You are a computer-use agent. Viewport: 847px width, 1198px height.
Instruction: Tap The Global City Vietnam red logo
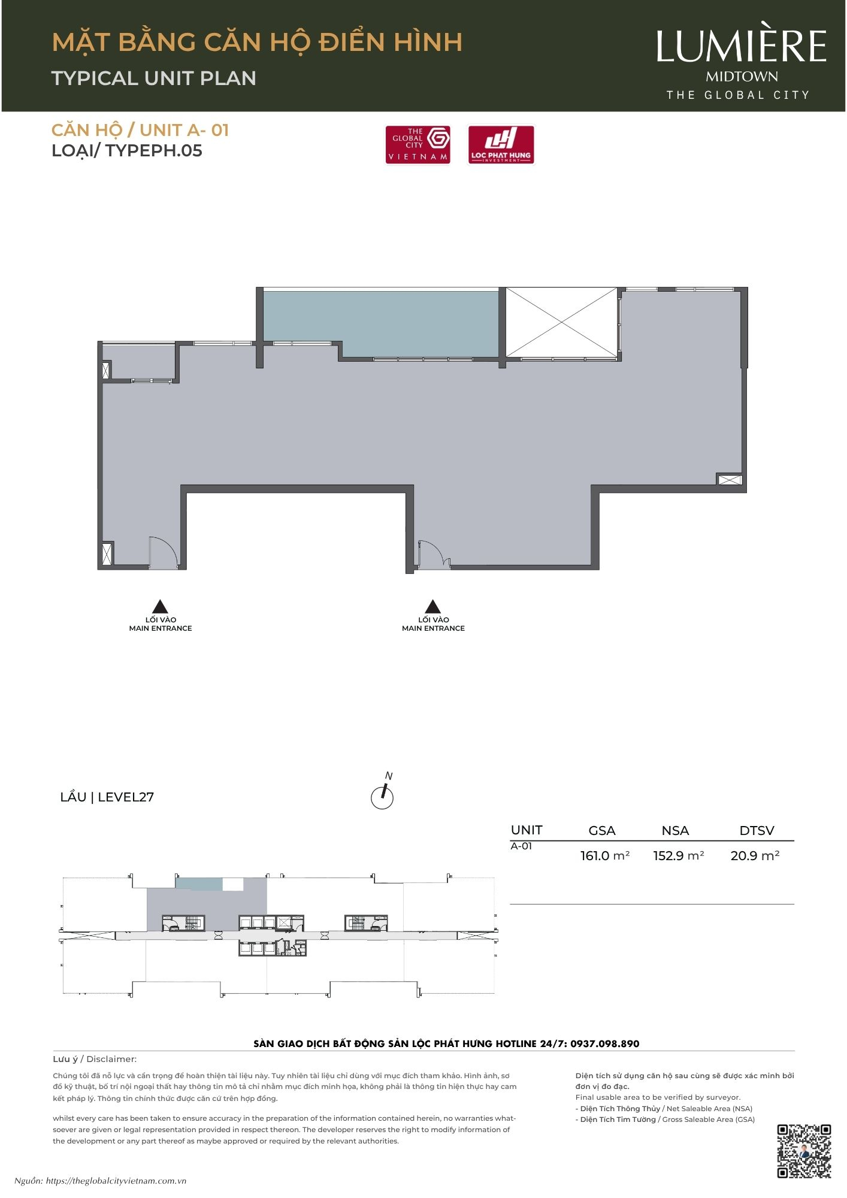point(418,144)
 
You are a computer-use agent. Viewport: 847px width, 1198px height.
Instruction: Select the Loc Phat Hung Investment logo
point(501,144)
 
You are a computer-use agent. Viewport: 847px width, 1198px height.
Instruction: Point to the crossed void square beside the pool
point(561,322)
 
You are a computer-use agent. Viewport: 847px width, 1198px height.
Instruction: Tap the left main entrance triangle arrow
point(160,606)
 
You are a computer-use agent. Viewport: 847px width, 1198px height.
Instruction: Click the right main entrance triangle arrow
point(433,606)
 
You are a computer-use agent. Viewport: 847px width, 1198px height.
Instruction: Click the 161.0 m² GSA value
point(604,855)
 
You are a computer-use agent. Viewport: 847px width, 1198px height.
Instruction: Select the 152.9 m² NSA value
point(678,855)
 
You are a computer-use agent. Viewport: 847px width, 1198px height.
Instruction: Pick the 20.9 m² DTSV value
point(755,855)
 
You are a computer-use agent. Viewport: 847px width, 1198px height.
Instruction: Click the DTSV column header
point(757,830)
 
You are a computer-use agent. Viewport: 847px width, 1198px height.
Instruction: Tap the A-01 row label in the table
point(521,846)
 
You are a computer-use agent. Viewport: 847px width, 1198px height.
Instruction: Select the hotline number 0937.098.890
point(604,1043)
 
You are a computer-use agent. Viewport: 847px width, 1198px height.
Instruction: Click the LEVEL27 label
point(126,797)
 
